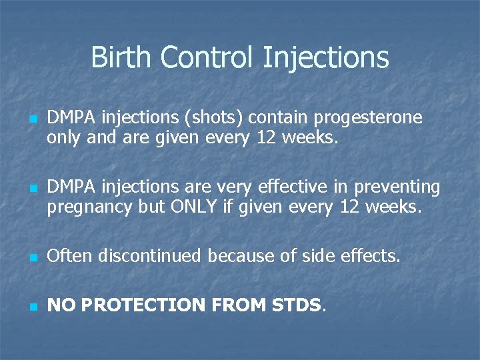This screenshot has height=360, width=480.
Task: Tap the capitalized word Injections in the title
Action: point(326,59)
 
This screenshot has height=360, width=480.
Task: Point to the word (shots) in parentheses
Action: point(221,118)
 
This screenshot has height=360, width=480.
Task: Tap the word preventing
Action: point(397,188)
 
